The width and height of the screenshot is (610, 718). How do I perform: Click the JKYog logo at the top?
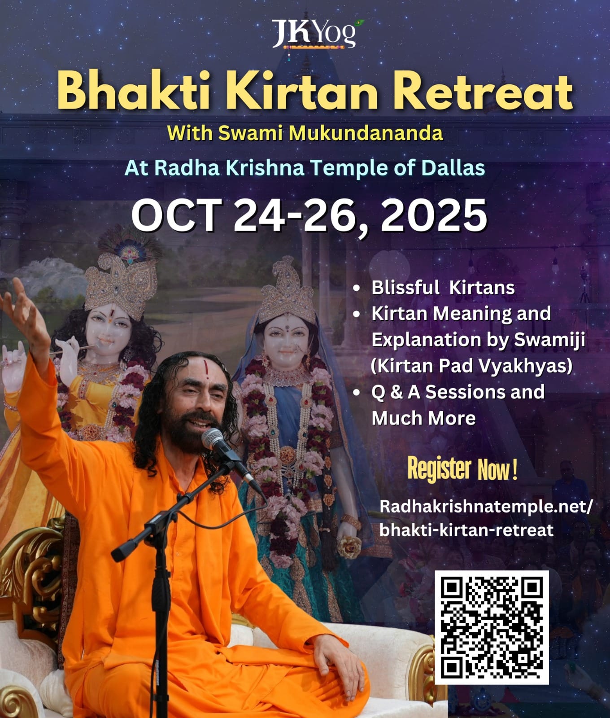317,34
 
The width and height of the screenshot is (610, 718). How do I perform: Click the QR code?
492,627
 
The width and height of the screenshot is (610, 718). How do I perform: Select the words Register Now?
462,469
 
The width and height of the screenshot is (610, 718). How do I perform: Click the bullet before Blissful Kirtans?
357,288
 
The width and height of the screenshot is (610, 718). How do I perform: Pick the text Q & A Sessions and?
458,392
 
